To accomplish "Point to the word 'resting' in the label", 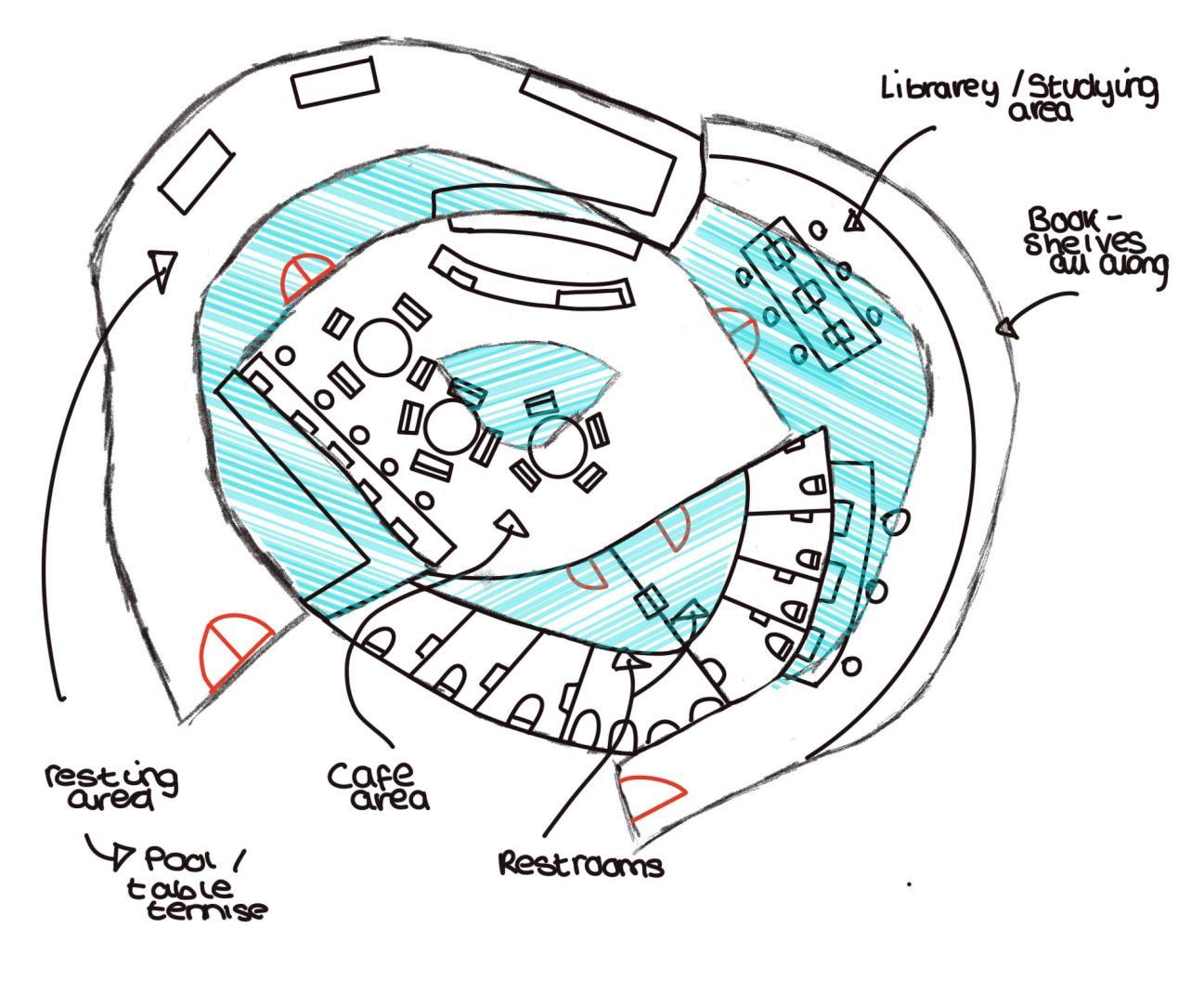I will point(111,776).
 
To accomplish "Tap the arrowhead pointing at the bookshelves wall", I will point(1007,327).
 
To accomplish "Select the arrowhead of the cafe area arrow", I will point(512,525).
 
